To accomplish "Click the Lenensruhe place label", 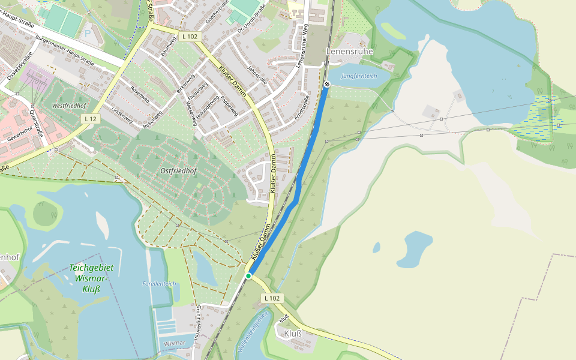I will [x=349, y=52].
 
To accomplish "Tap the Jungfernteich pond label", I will [x=359, y=76].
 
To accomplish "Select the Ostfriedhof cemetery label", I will [x=179, y=171].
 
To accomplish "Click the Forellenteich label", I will [x=159, y=283].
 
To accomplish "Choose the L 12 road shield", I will [x=91, y=119].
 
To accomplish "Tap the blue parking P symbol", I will [x=88, y=34].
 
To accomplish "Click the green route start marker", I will [x=248, y=276].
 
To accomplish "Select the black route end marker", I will [x=327, y=84].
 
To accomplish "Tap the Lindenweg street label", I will [x=122, y=116].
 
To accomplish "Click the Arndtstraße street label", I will [x=301, y=106].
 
